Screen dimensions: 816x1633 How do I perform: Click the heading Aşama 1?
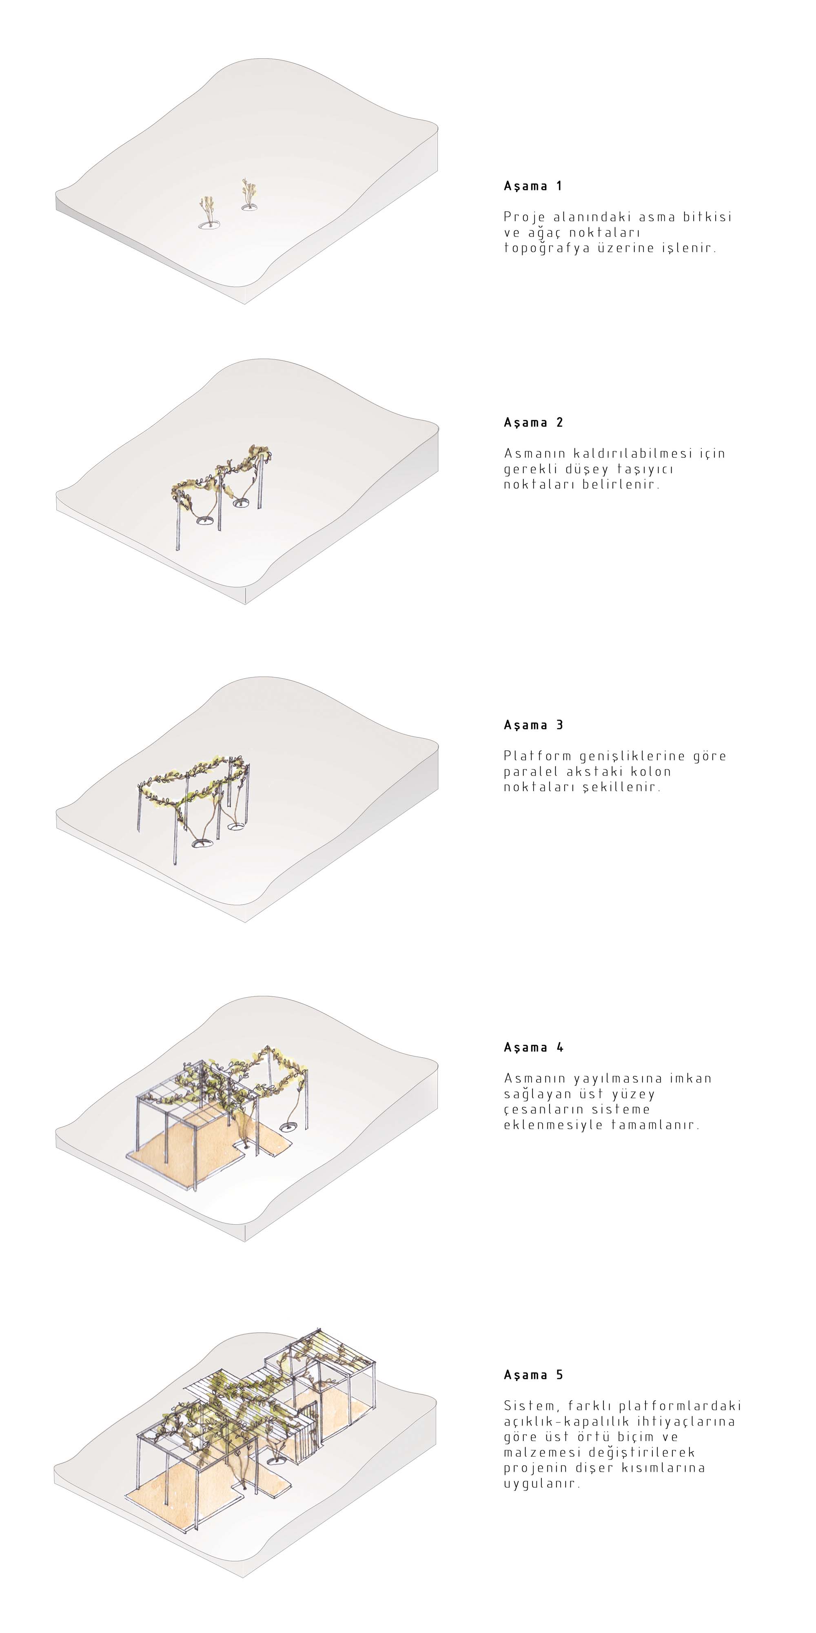[533, 186]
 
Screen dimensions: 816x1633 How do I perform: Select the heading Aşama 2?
[533, 423]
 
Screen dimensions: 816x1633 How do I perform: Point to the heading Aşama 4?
[533, 1048]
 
